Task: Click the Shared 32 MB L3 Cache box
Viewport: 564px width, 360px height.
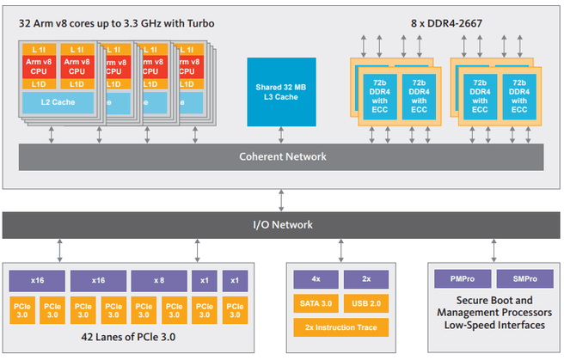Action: tap(281, 92)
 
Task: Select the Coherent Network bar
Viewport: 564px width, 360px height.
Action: tap(281, 157)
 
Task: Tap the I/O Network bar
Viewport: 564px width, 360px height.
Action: tap(281, 225)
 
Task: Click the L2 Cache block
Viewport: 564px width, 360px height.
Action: tap(58, 102)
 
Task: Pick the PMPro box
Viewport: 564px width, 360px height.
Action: tap(463, 278)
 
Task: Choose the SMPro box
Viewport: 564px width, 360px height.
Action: tap(524, 278)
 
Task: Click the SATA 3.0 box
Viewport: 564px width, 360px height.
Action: tap(316, 303)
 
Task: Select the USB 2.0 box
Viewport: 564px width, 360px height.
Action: tap(366, 303)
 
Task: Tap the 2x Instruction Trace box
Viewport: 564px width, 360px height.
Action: tap(341, 327)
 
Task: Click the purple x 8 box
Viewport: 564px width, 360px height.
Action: tap(159, 281)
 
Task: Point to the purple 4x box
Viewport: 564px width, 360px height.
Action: tap(316, 279)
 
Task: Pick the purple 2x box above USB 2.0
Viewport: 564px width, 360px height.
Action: tap(366, 279)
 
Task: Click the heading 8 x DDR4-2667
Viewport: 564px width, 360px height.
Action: tap(446, 24)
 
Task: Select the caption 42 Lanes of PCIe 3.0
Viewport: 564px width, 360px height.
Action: tap(128, 337)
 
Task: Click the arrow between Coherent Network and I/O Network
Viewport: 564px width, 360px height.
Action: tap(281, 200)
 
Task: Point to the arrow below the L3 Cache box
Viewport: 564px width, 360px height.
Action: tap(281, 135)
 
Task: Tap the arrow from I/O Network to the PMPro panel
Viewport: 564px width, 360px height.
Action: tap(493, 251)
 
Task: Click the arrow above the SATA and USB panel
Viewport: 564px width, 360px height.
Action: tap(341, 251)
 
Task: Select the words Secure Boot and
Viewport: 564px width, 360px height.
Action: tap(494, 301)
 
